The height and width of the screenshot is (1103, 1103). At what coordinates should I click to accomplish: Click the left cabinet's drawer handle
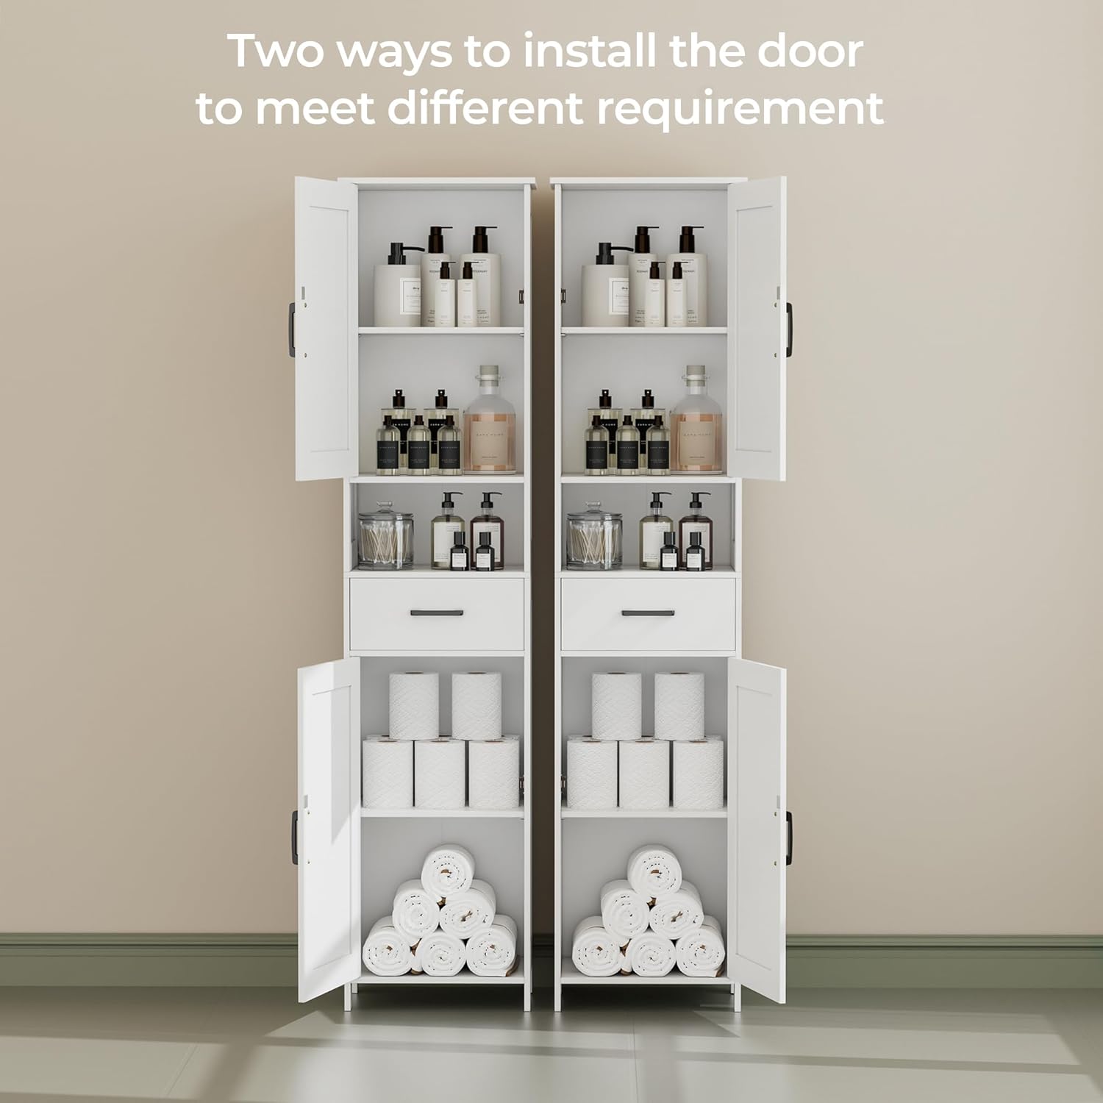click(x=437, y=613)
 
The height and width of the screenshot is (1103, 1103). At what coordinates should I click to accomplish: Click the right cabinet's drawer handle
click(x=647, y=613)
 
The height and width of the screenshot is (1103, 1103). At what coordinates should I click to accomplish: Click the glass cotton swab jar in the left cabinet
click(x=385, y=535)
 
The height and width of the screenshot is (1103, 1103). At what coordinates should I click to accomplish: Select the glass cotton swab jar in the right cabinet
click(x=594, y=535)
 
